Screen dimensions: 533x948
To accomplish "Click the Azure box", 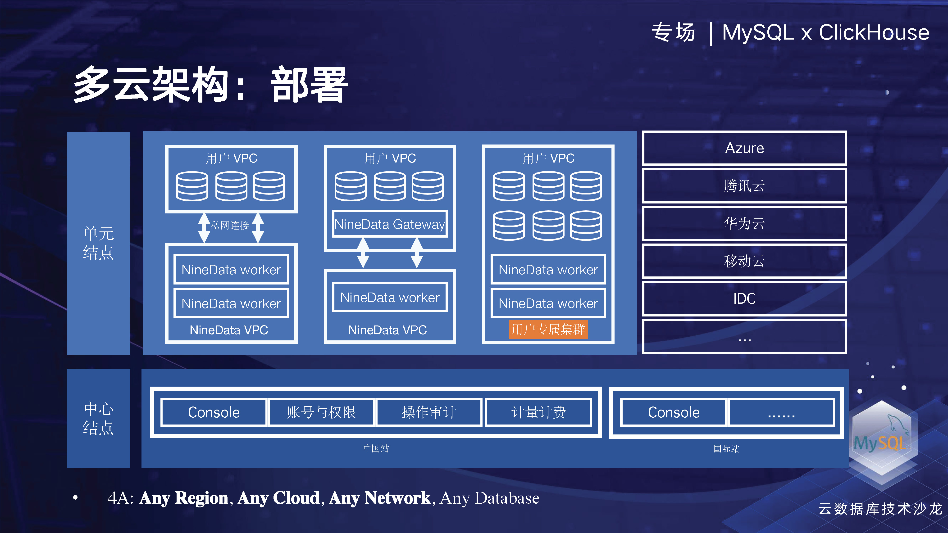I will (744, 148).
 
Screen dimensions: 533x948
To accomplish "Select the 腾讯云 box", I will (744, 186).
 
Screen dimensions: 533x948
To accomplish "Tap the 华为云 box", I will (744, 223).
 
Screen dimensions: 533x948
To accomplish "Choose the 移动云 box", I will (744, 261).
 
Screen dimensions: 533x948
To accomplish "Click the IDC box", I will (744, 298).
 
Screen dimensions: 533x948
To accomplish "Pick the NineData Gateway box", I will (390, 224).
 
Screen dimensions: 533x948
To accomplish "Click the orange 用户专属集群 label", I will (548, 329).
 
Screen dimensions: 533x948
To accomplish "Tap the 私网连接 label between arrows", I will (230, 225).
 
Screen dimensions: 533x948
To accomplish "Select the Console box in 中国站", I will (214, 412).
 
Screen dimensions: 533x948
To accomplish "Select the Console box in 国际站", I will (674, 412).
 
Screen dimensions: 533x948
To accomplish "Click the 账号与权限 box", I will (321, 412).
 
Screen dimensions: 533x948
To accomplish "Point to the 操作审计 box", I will (429, 412).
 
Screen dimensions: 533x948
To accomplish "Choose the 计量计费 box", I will (538, 412).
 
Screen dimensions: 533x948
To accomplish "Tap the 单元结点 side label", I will (98, 243).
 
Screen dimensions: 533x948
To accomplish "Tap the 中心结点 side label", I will (98, 419).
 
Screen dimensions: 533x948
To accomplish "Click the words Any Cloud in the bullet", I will (278, 498).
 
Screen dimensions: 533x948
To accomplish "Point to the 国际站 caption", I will (726, 449).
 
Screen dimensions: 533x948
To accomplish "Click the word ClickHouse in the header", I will (874, 32).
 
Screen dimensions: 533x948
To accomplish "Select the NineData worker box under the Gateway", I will (390, 297).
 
